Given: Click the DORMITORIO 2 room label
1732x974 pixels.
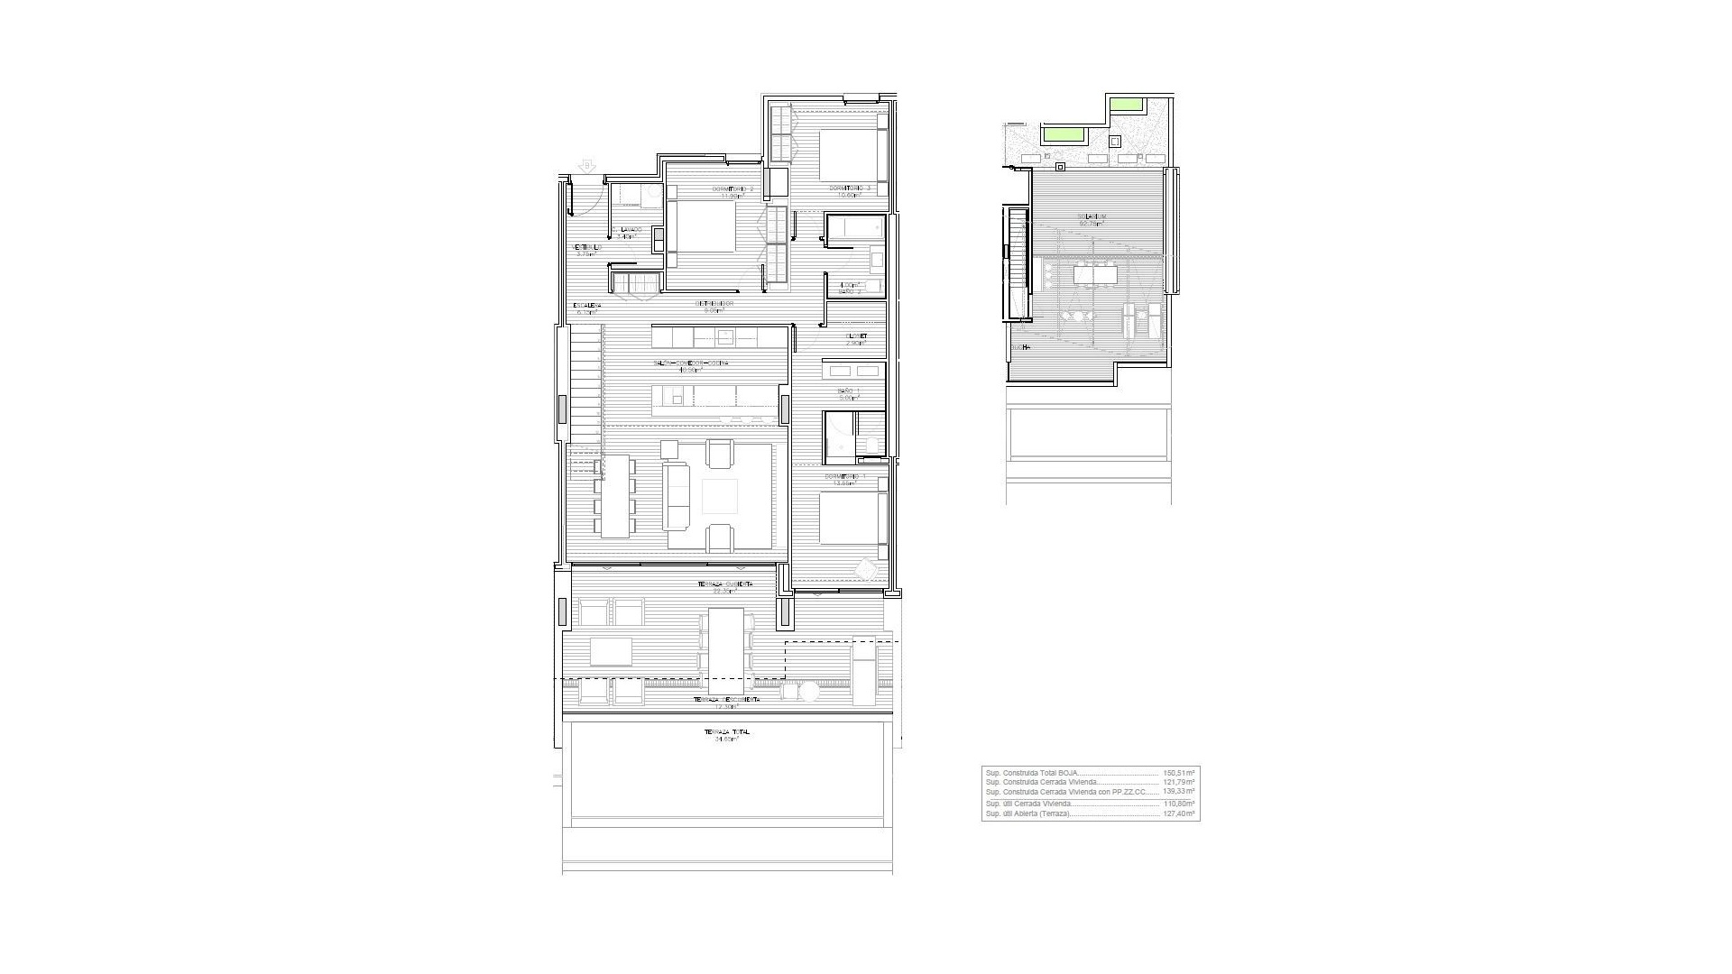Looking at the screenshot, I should (x=732, y=188).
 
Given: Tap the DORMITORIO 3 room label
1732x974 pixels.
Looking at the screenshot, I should (x=851, y=188).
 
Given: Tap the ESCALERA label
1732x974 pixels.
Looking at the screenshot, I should (x=586, y=306).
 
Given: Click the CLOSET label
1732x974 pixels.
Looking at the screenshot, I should (x=856, y=335).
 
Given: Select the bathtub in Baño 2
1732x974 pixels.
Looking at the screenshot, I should (x=855, y=228).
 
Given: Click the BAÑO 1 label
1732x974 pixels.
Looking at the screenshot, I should (x=848, y=391).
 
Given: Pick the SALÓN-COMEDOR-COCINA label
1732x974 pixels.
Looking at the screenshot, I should (x=691, y=363).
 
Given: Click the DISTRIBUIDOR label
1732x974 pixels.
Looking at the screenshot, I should (x=714, y=304).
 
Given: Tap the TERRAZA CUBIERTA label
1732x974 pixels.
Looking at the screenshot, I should (x=725, y=584).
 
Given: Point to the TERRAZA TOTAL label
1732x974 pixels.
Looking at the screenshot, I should (x=726, y=732).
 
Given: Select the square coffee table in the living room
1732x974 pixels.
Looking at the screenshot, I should (x=719, y=496).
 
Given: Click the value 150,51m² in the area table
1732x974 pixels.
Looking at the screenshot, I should (x=1178, y=773).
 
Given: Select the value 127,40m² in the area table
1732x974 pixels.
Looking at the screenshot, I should (x=1178, y=813).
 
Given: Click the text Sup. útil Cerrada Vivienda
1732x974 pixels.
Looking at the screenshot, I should (x=1028, y=803).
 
